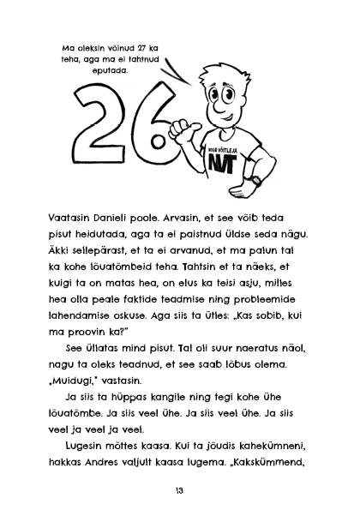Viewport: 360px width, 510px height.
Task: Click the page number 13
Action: point(179,489)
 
